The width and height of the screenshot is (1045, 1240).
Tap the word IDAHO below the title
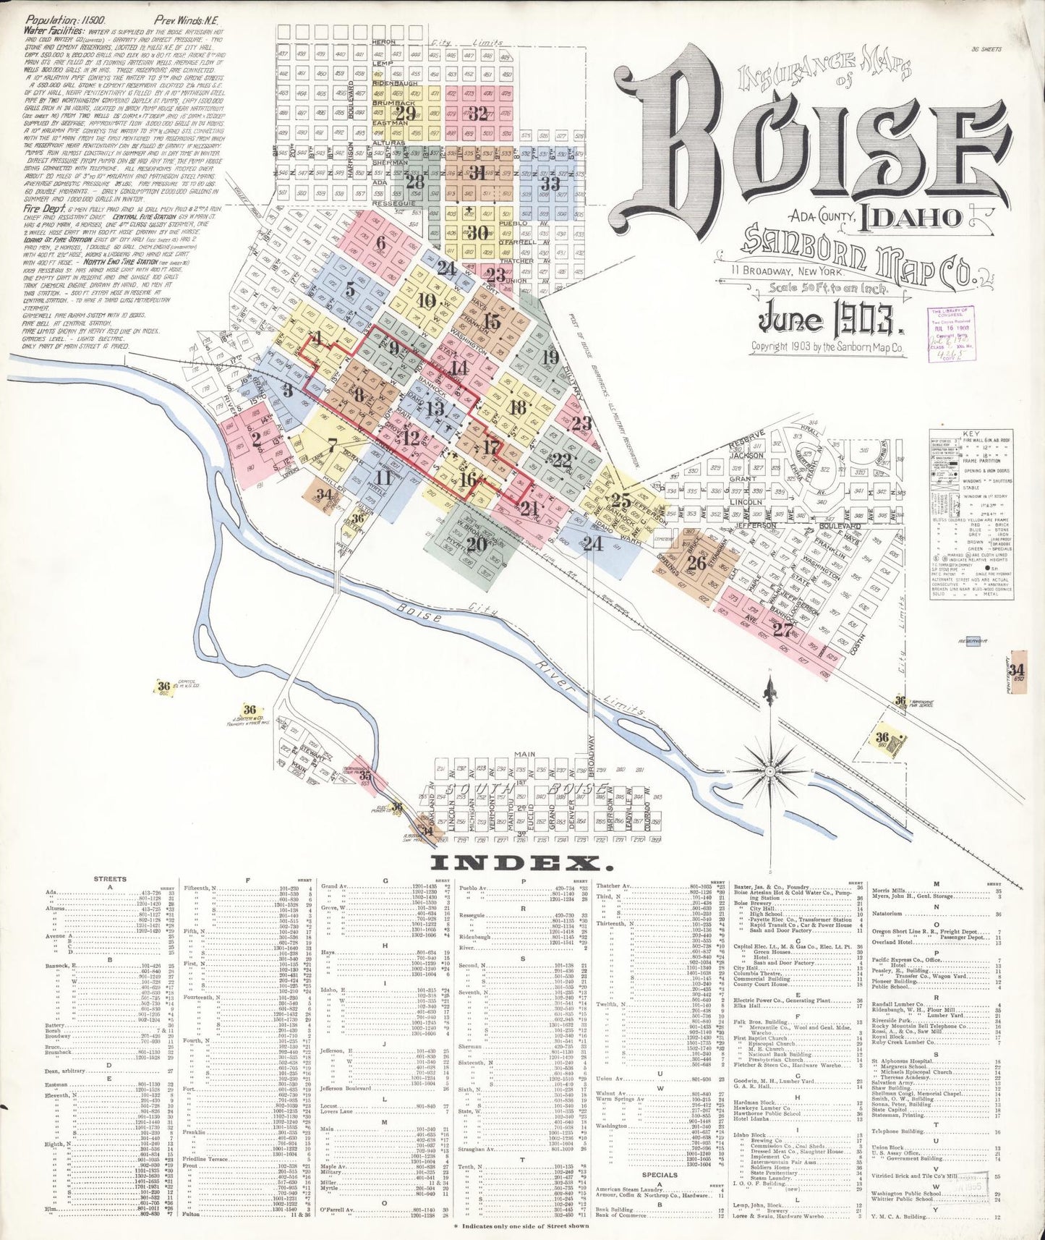909,218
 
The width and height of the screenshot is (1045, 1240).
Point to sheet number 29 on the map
406,114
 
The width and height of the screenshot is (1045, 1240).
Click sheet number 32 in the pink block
478,113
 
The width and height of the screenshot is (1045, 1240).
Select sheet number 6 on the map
380,242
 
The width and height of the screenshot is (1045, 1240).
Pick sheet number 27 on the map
782,629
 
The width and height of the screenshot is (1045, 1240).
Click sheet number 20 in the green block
477,544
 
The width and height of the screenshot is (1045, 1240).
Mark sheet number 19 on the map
550,357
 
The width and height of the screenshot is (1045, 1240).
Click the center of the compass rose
770,771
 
